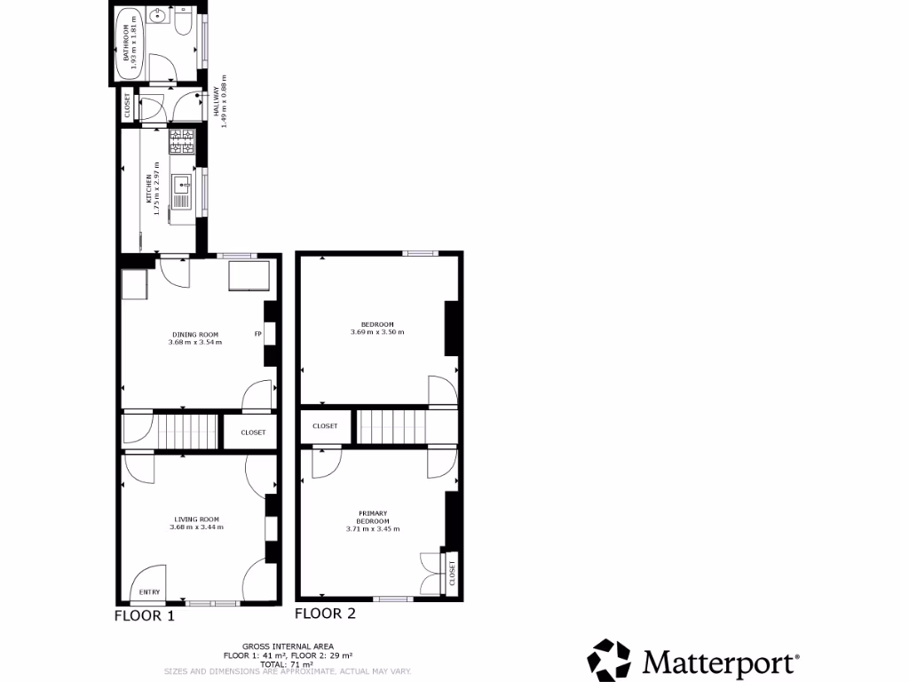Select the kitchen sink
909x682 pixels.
pyautogui.click(x=182, y=186)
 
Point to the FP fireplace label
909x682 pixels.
pyautogui.click(x=258, y=335)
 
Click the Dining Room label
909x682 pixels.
pyautogui.click(x=194, y=335)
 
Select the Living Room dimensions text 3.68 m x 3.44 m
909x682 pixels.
pyautogui.click(x=196, y=527)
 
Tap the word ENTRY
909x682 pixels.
pyautogui.click(x=150, y=592)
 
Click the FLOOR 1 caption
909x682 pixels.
pyautogui.click(x=145, y=615)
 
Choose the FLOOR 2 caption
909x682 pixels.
pyautogui.click(x=325, y=613)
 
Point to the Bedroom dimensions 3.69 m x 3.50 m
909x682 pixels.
pyautogui.click(x=377, y=332)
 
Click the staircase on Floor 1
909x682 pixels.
pyautogui.click(x=188, y=432)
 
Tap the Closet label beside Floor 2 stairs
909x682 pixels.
pyautogui.click(x=325, y=426)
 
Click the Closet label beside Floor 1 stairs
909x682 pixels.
pyautogui.click(x=253, y=432)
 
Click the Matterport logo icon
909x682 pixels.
pyautogui.click(x=609, y=661)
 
